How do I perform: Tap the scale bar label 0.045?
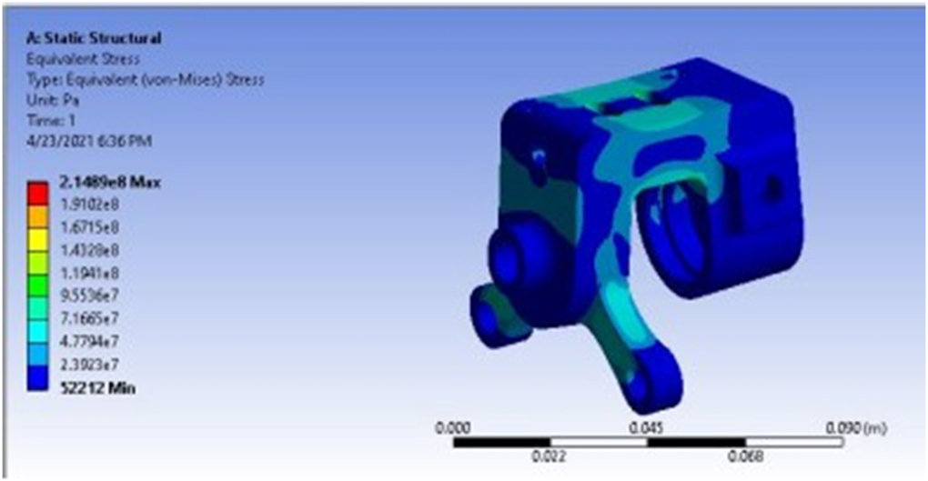tap(647, 426)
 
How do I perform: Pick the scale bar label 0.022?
tap(549, 456)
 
